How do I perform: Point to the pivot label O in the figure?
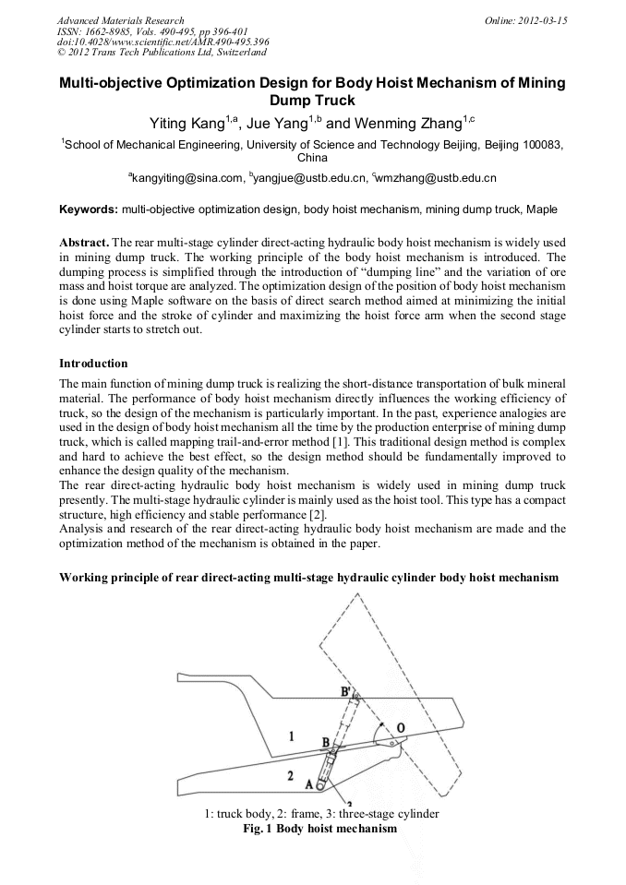[401, 728]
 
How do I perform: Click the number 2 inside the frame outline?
[291, 776]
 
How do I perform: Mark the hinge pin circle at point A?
[319, 786]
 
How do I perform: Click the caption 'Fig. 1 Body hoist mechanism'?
[313, 829]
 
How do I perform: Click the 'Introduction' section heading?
[93, 364]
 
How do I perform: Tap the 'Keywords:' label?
[88, 209]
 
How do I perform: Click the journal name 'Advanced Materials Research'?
[120, 20]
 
